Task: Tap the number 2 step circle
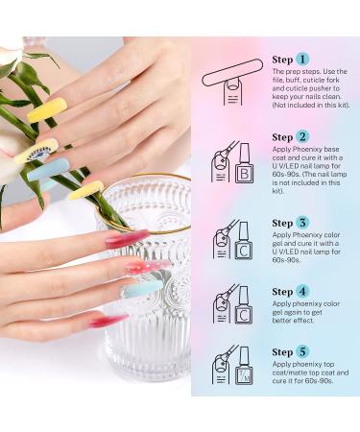(x=303, y=136)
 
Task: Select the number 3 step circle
(x=303, y=222)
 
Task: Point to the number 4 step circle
(x=303, y=291)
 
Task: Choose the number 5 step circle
(x=303, y=351)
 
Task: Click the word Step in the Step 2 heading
(x=282, y=137)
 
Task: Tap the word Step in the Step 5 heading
(x=282, y=352)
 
